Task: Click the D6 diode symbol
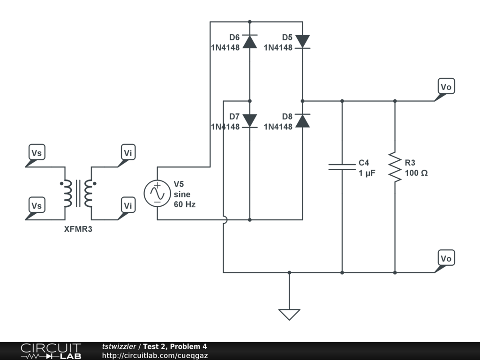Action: tap(249, 42)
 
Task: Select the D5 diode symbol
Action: tap(302, 42)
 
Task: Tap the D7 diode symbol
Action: tap(249, 120)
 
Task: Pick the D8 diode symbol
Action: tap(302, 120)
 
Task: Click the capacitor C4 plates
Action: tap(342, 167)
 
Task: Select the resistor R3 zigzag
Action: tap(395, 167)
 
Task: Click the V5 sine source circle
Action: tap(157, 193)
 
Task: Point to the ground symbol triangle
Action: tap(289, 315)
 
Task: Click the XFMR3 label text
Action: tap(78, 229)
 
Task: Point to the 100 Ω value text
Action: tap(416, 173)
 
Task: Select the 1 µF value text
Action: tap(367, 173)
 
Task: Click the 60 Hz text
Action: tap(185, 204)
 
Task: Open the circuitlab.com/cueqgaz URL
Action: tap(155, 355)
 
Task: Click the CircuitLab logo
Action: tap(51, 351)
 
